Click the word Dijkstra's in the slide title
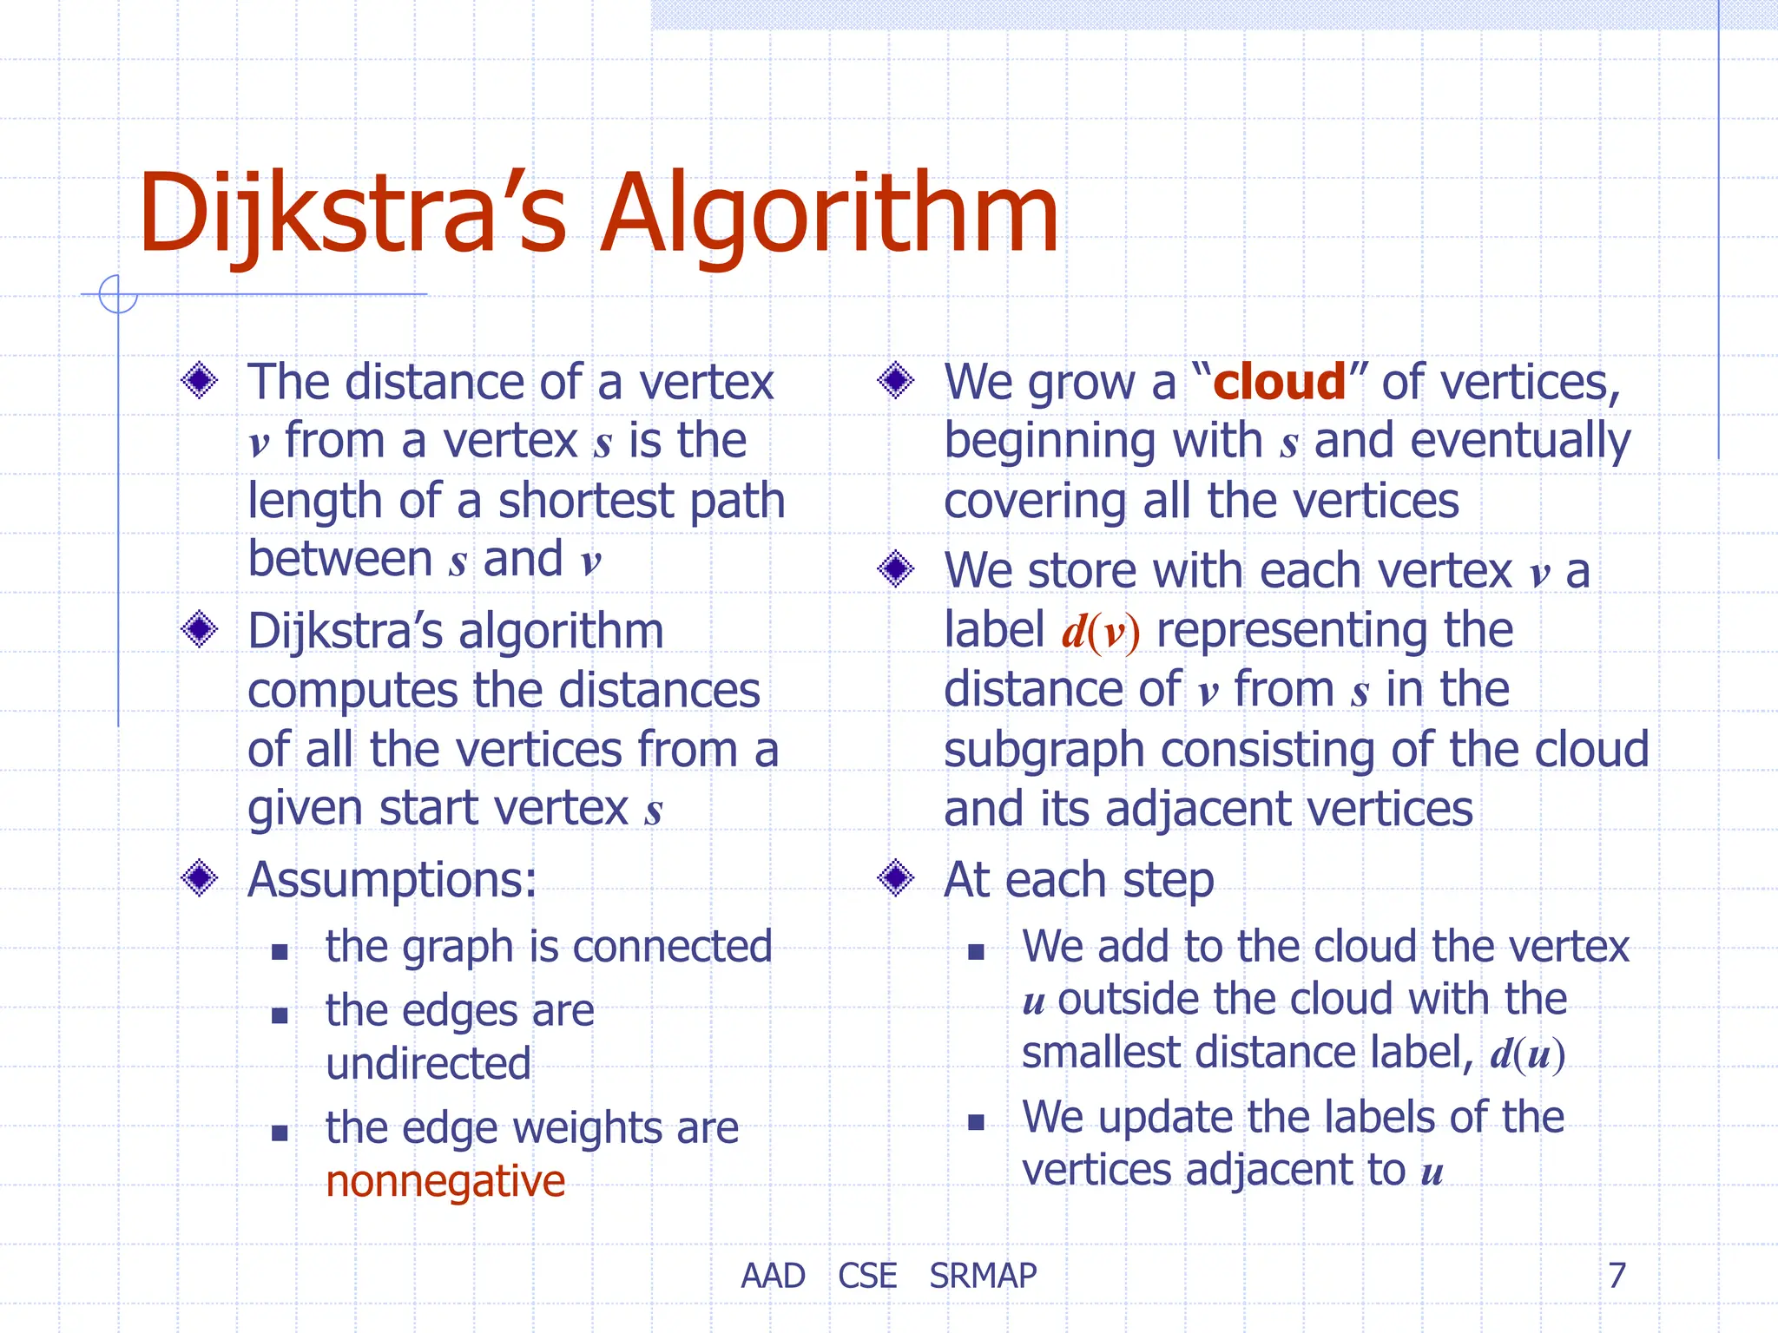coord(352,213)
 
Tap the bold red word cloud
coord(1279,382)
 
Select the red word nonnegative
coord(445,1181)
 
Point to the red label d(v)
coord(1100,631)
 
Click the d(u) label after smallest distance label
coord(1527,1054)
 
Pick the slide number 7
coord(1617,1275)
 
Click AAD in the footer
coord(773,1276)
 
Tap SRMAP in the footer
coord(983,1276)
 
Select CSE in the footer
coord(867,1276)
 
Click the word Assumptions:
coord(392,880)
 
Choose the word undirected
coord(428,1064)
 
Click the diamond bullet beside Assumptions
coord(200,878)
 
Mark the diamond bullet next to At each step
coord(896,878)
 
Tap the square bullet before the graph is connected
coord(280,952)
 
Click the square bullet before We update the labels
coord(976,1122)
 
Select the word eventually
coord(1519,442)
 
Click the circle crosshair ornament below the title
coord(118,294)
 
